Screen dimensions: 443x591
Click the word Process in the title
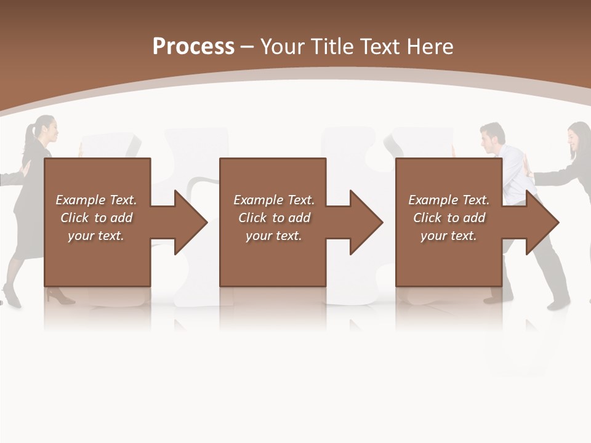point(193,47)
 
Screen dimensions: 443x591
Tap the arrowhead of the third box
point(541,222)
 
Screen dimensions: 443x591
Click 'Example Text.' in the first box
point(96,200)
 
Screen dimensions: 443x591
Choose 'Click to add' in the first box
point(96,218)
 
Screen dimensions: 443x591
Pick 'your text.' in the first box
point(96,236)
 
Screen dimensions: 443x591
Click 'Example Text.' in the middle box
point(274,200)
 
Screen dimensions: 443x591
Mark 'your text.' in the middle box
point(274,236)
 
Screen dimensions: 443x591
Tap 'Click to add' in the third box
point(449,218)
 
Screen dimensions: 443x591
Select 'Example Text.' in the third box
point(449,200)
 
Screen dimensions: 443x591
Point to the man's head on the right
point(493,138)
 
